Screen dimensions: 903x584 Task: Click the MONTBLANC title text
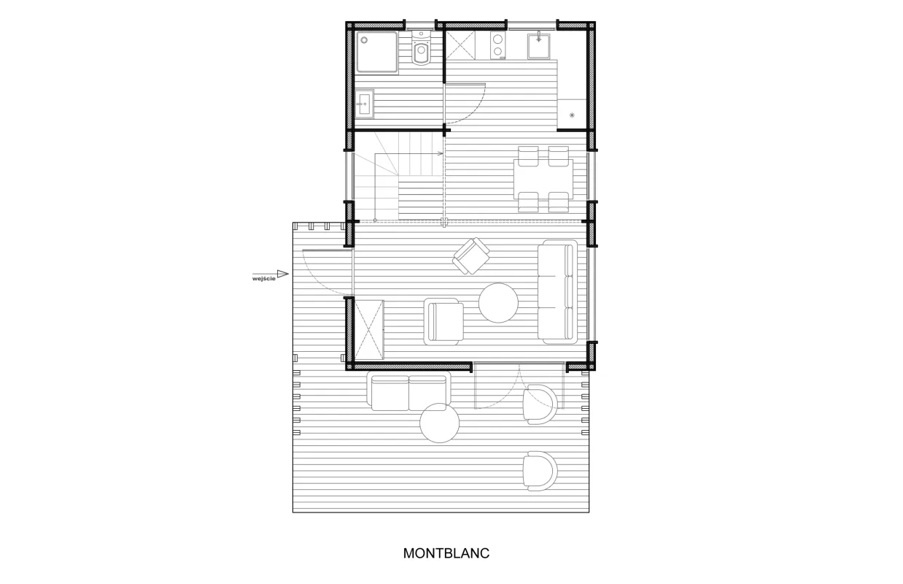click(446, 553)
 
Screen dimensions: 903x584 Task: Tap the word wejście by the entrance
click(264, 278)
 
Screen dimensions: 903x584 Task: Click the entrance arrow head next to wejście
click(283, 274)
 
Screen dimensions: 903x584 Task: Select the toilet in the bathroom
click(422, 48)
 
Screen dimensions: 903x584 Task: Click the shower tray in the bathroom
click(377, 53)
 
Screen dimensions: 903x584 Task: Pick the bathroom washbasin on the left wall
click(365, 104)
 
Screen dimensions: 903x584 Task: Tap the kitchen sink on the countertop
click(538, 46)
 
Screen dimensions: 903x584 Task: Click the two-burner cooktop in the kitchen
click(498, 45)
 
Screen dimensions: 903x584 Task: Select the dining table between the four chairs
click(543, 179)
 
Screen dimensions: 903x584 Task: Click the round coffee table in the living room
click(498, 303)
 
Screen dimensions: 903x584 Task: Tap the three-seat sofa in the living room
click(557, 292)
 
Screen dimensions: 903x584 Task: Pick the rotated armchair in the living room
click(471, 256)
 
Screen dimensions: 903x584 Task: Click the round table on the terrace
click(439, 423)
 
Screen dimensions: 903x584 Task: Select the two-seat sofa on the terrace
click(408, 391)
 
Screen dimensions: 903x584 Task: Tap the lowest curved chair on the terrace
click(540, 471)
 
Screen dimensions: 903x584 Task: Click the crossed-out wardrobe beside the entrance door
click(369, 329)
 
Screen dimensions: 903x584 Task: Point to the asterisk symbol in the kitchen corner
click(572, 115)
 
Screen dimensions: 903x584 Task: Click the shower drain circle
click(364, 40)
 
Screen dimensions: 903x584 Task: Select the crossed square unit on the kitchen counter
click(461, 45)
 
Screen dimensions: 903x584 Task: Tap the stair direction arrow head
click(441, 153)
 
